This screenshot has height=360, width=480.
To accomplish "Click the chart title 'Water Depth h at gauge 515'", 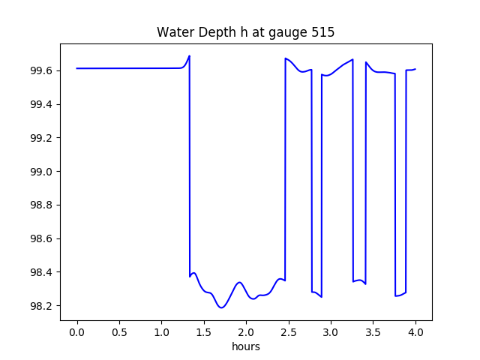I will [245, 33].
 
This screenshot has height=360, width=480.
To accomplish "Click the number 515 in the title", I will [324, 33].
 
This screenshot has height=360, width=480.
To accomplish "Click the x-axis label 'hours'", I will [246, 347].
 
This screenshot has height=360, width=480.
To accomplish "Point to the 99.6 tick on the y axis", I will [43, 70].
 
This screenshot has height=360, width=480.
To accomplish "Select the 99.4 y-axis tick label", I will [43, 104].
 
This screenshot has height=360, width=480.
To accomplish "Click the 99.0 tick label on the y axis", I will [43, 172].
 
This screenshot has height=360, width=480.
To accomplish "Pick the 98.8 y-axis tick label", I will [43, 205].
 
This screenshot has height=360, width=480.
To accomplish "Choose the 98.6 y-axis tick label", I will [43, 238].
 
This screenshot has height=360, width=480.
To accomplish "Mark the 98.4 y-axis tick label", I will [43, 272].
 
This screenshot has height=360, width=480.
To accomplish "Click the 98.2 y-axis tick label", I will [43, 306].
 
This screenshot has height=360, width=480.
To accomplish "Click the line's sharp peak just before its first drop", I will [189, 55].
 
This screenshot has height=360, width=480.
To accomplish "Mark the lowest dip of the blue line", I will [221, 307].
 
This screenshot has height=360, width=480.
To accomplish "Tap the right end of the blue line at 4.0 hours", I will [415, 69].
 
